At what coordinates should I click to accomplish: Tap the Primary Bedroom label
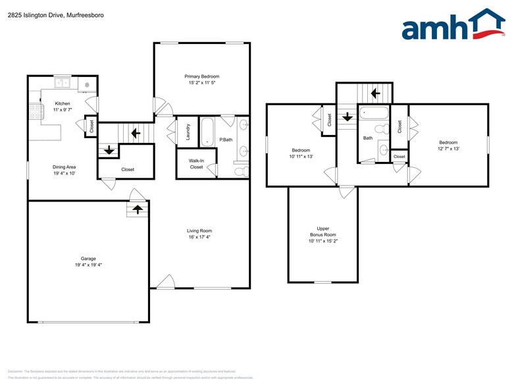point(201,76)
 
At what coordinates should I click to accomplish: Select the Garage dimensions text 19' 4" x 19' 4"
point(88,265)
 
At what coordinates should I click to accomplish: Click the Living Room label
point(199,230)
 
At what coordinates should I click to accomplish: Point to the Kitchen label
point(63,103)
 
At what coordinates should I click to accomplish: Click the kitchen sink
point(63,83)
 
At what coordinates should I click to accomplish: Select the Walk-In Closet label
point(196,164)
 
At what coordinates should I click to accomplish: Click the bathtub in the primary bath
point(208,132)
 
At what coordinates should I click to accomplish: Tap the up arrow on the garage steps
point(137,209)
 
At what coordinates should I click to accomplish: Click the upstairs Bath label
point(368,138)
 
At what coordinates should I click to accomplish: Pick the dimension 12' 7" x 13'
point(448,149)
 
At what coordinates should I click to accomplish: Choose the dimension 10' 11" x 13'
point(301,157)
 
